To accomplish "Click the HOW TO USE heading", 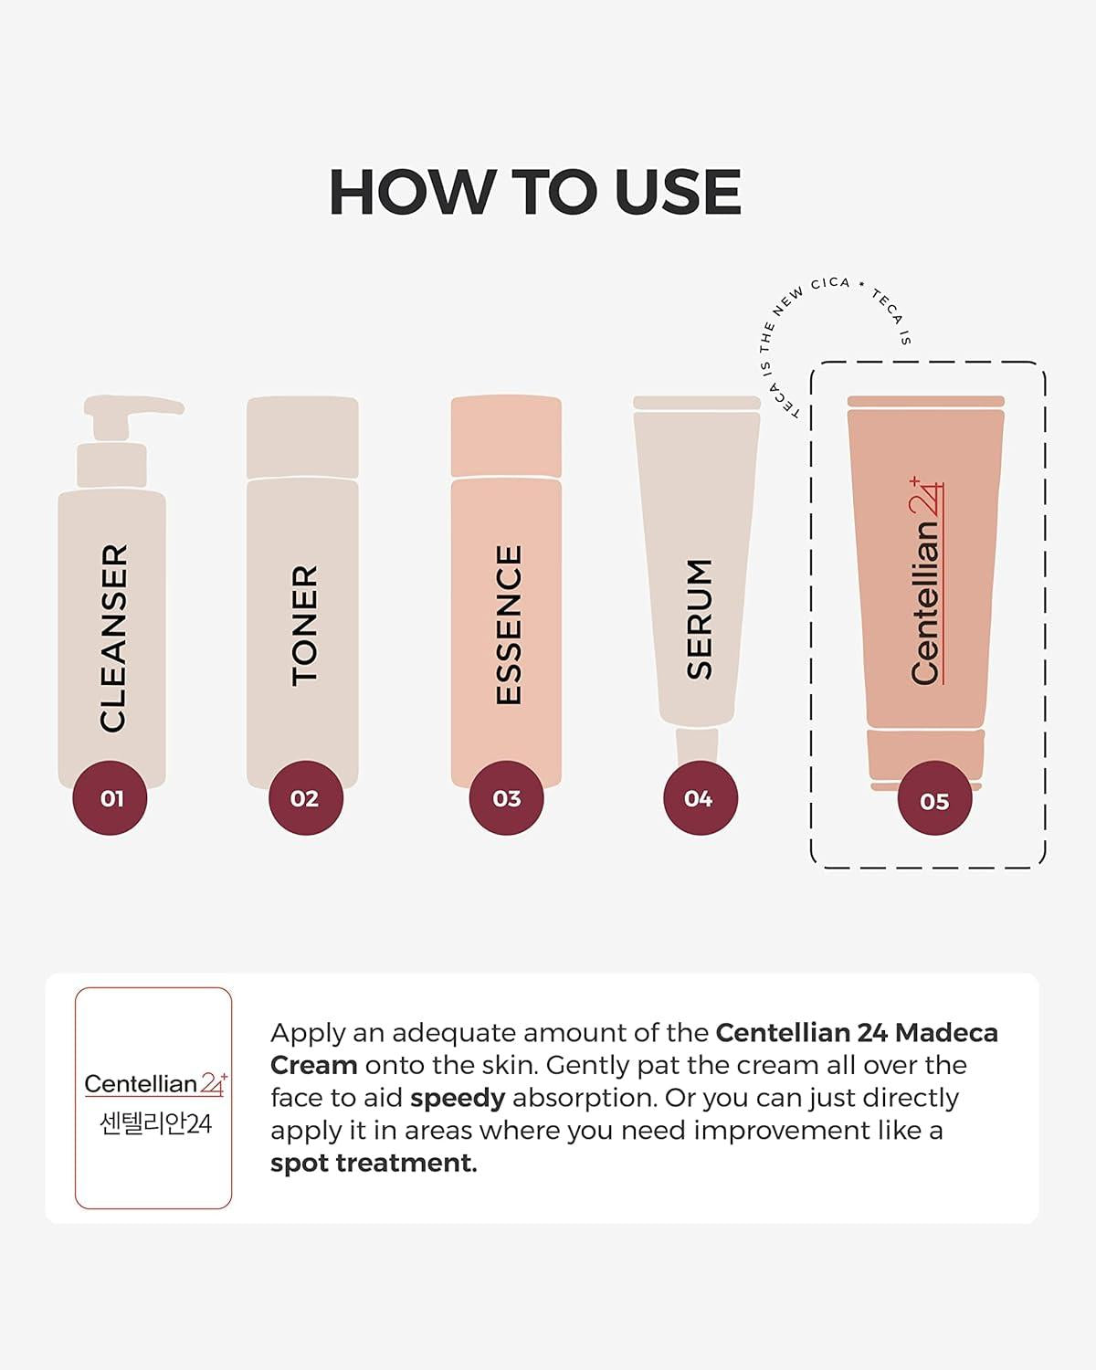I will pyautogui.click(x=534, y=193).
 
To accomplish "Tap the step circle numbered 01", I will pyautogui.click(x=111, y=798).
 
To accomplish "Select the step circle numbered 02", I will pyautogui.click(x=305, y=798).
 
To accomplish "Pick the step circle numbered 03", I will pyautogui.click(x=506, y=798).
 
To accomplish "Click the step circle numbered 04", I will pyautogui.click(x=700, y=798).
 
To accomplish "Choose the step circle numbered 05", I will pyautogui.click(x=934, y=801).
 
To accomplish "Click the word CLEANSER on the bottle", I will pyautogui.click(x=113, y=638).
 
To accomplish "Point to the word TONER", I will pyautogui.click(x=304, y=625).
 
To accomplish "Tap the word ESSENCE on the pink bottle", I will pyautogui.click(x=508, y=625).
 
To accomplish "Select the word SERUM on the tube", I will pyautogui.click(x=700, y=619).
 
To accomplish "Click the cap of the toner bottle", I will pyautogui.click(x=302, y=436).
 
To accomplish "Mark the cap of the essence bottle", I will pyautogui.click(x=506, y=436).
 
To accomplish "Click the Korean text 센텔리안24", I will pyautogui.click(x=155, y=1122).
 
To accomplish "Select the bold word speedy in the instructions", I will pyautogui.click(x=458, y=1098).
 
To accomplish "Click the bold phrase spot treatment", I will pyautogui.click(x=374, y=1163).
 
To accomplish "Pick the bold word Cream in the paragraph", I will pyautogui.click(x=313, y=1065).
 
